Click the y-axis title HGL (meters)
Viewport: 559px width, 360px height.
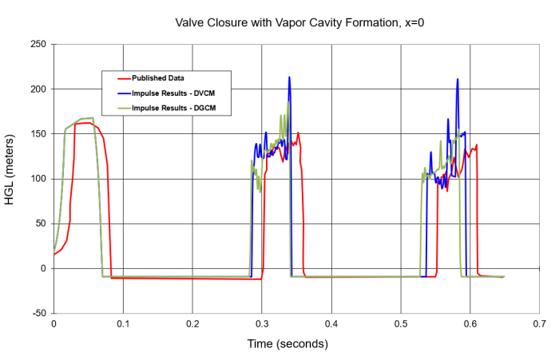click(x=10, y=177)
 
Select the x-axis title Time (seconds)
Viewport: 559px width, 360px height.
click(x=287, y=344)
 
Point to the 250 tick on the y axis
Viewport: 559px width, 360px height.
click(x=38, y=43)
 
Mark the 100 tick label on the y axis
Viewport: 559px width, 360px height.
click(x=38, y=178)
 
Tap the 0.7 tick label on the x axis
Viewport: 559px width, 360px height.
click(x=540, y=324)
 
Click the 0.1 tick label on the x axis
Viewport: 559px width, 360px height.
click(x=123, y=324)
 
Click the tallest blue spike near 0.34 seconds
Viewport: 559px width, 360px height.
click(x=289, y=77)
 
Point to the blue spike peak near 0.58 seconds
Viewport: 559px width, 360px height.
click(x=458, y=80)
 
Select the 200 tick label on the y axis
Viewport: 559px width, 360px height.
click(x=38, y=88)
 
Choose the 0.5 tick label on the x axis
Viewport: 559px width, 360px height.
click(x=401, y=324)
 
